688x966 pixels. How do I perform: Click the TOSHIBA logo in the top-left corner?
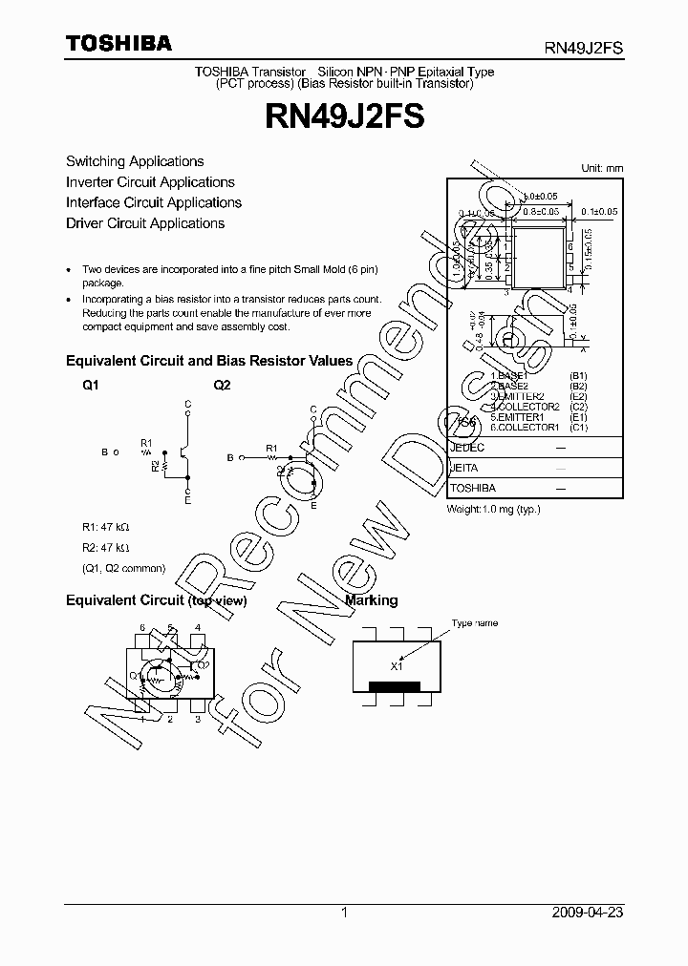pos(118,43)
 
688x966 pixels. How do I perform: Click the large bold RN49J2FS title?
pos(344,117)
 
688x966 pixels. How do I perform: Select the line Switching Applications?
pos(135,161)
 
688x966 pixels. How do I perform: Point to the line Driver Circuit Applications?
pos(145,223)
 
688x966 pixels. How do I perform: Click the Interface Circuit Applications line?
pos(154,202)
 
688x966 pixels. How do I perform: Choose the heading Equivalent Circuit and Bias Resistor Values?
pos(208,362)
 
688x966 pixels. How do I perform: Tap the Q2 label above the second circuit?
pos(222,385)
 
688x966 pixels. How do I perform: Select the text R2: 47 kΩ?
pos(105,547)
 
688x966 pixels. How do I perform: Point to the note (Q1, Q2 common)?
pos(123,568)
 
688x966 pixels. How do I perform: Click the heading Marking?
pos(371,600)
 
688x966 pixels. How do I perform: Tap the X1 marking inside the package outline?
pos(397,665)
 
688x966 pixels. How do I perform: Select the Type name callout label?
pos(475,623)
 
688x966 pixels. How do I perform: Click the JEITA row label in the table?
pos(463,468)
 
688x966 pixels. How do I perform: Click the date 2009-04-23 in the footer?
pos(588,913)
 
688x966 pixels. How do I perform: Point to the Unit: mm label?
pos(602,168)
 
